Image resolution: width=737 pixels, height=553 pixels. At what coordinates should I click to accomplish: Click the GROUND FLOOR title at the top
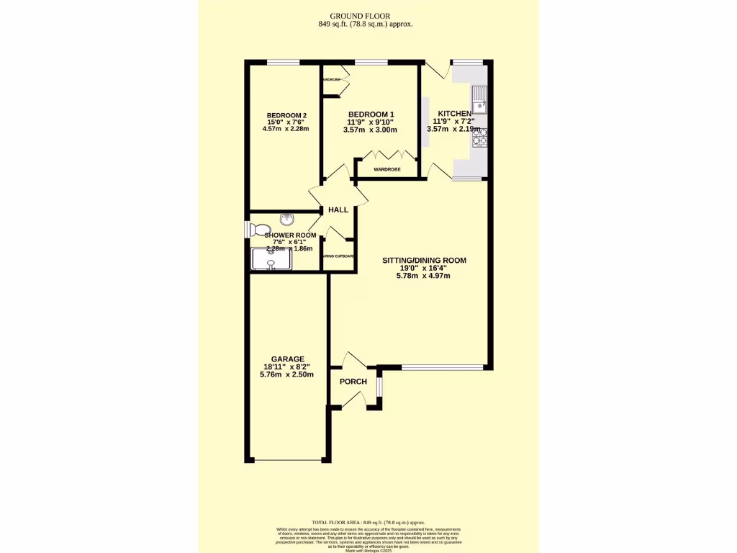[x=368, y=16]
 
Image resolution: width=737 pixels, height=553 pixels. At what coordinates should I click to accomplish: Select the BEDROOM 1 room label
[x=371, y=114]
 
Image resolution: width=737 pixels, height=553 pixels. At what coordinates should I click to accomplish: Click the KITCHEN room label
[x=455, y=114]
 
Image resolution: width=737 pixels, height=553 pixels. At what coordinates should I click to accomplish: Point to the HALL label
[x=338, y=210]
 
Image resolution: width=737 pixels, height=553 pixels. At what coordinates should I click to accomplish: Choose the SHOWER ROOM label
[x=290, y=235]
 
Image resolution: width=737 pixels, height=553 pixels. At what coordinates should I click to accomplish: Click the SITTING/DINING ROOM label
[x=424, y=261]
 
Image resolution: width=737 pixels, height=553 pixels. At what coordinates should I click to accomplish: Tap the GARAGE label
[x=287, y=359]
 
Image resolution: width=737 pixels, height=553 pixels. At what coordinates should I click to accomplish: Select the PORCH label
[x=353, y=382]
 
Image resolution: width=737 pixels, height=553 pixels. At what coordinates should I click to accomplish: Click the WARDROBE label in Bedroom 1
[x=386, y=169]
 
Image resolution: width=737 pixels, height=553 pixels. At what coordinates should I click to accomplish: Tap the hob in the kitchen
[x=479, y=137]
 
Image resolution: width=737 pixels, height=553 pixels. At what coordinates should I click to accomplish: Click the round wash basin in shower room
[x=287, y=220]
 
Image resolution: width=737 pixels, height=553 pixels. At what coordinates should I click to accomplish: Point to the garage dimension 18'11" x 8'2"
[x=287, y=367]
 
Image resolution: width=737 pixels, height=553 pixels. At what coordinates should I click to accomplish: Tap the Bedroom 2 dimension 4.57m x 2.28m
[x=287, y=130]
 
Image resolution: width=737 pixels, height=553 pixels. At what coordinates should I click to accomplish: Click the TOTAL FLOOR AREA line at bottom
[x=368, y=522]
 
